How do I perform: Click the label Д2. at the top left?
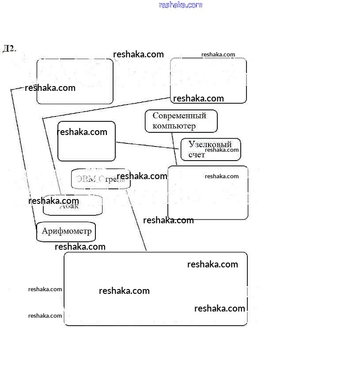(x=9, y=48)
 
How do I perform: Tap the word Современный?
(x=179, y=116)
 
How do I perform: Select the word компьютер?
(x=174, y=126)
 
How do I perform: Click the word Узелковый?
(x=210, y=144)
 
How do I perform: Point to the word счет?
(x=197, y=154)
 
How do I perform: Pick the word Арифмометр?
(x=66, y=231)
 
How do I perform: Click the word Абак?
(x=69, y=206)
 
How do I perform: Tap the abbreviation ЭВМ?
(x=86, y=179)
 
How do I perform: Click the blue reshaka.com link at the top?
(x=180, y=5)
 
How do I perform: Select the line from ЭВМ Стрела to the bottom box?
(x=137, y=221)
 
